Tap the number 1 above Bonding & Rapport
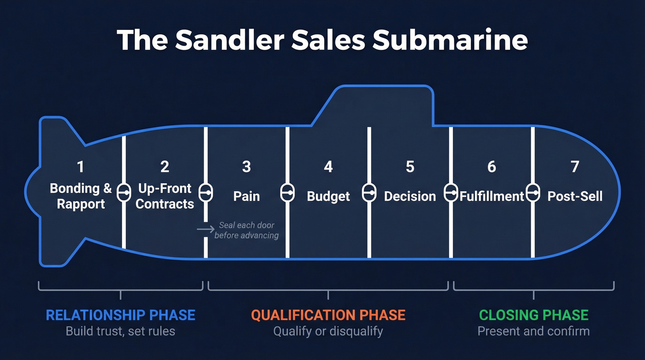pyautogui.click(x=81, y=166)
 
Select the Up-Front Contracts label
pyautogui.click(x=165, y=196)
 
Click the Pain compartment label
pyautogui.click(x=246, y=196)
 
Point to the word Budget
pyautogui.click(x=328, y=196)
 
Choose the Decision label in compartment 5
pyautogui.click(x=410, y=196)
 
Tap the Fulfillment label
pyautogui.click(x=492, y=196)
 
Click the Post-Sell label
pyautogui.click(x=575, y=196)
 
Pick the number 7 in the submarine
pyautogui.click(x=575, y=166)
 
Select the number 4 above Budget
pyautogui.click(x=328, y=166)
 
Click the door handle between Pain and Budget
pyautogui.click(x=287, y=193)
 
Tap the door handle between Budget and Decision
pyautogui.click(x=369, y=193)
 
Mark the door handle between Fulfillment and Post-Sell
pyautogui.click(x=533, y=193)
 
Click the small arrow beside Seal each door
pyautogui.click(x=205, y=229)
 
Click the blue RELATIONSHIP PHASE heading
pyautogui.click(x=120, y=315)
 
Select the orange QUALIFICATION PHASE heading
pyautogui.click(x=328, y=315)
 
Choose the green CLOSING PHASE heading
pyautogui.click(x=534, y=315)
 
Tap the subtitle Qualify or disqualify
pyautogui.click(x=328, y=331)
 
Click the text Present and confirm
pyautogui.click(x=534, y=331)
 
